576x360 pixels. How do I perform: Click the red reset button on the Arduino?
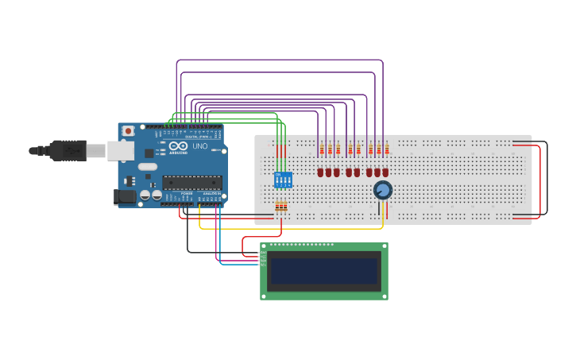(128, 131)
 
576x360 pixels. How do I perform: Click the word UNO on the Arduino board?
(199, 146)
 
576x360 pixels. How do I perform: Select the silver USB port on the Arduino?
(120, 150)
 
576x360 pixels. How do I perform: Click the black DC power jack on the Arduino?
(124, 196)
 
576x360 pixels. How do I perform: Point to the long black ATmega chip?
(191, 183)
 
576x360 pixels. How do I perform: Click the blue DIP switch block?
(283, 180)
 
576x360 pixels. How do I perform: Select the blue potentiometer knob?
(383, 190)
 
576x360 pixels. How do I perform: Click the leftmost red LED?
(320, 172)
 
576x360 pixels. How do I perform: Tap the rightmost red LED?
(385, 172)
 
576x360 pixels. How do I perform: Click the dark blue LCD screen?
(324, 271)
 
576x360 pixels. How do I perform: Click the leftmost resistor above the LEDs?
(321, 149)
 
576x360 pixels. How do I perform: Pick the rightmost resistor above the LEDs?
(386, 149)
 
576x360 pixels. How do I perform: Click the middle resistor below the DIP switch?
(281, 206)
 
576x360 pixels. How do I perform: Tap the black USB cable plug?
(68, 149)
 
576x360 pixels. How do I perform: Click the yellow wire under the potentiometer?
(383, 215)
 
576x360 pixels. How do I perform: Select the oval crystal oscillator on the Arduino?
(148, 167)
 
